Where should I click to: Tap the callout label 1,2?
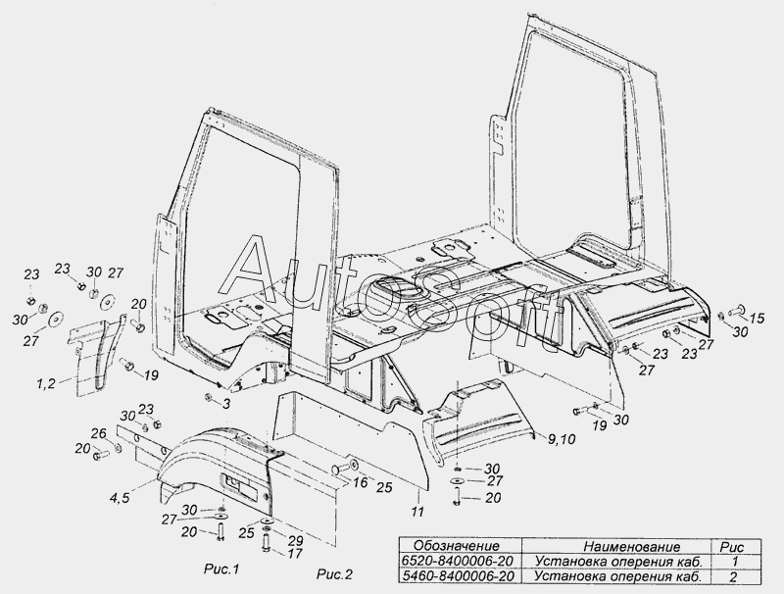point(45,384)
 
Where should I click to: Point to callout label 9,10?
point(562,439)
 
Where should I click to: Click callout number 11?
point(417,512)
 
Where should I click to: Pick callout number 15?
point(757,318)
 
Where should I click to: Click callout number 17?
point(295,554)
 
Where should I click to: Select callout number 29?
point(295,540)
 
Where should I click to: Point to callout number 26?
point(99,433)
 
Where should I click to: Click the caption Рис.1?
point(221,569)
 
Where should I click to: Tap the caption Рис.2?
point(334,574)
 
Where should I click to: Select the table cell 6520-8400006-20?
point(459,561)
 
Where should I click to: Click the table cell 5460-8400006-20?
point(459,576)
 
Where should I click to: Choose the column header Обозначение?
point(457,546)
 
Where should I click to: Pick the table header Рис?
point(732,547)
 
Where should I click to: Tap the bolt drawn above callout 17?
point(266,542)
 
